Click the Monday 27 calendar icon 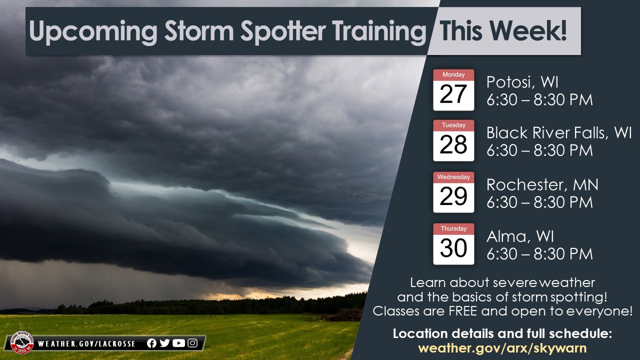(x=453, y=90)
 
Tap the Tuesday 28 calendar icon (x=453, y=140)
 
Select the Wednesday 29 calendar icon (x=453, y=192)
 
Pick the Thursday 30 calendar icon (x=453, y=244)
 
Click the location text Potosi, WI (x=522, y=82)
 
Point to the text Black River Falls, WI (x=559, y=133)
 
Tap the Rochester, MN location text (x=542, y=185)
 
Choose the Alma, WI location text (x=520, y=236)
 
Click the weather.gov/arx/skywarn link (x=502, y=348)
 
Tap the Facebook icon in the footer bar (x=152, y=343)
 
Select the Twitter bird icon (x=164, y=343)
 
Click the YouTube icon (x=178, y=343)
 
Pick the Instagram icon (x=192, y=343)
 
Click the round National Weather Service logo (x=22, y=343)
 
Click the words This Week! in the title (x=503, y=31)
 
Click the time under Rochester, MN (x=539, y=202)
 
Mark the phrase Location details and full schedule (x=502, y=333)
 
